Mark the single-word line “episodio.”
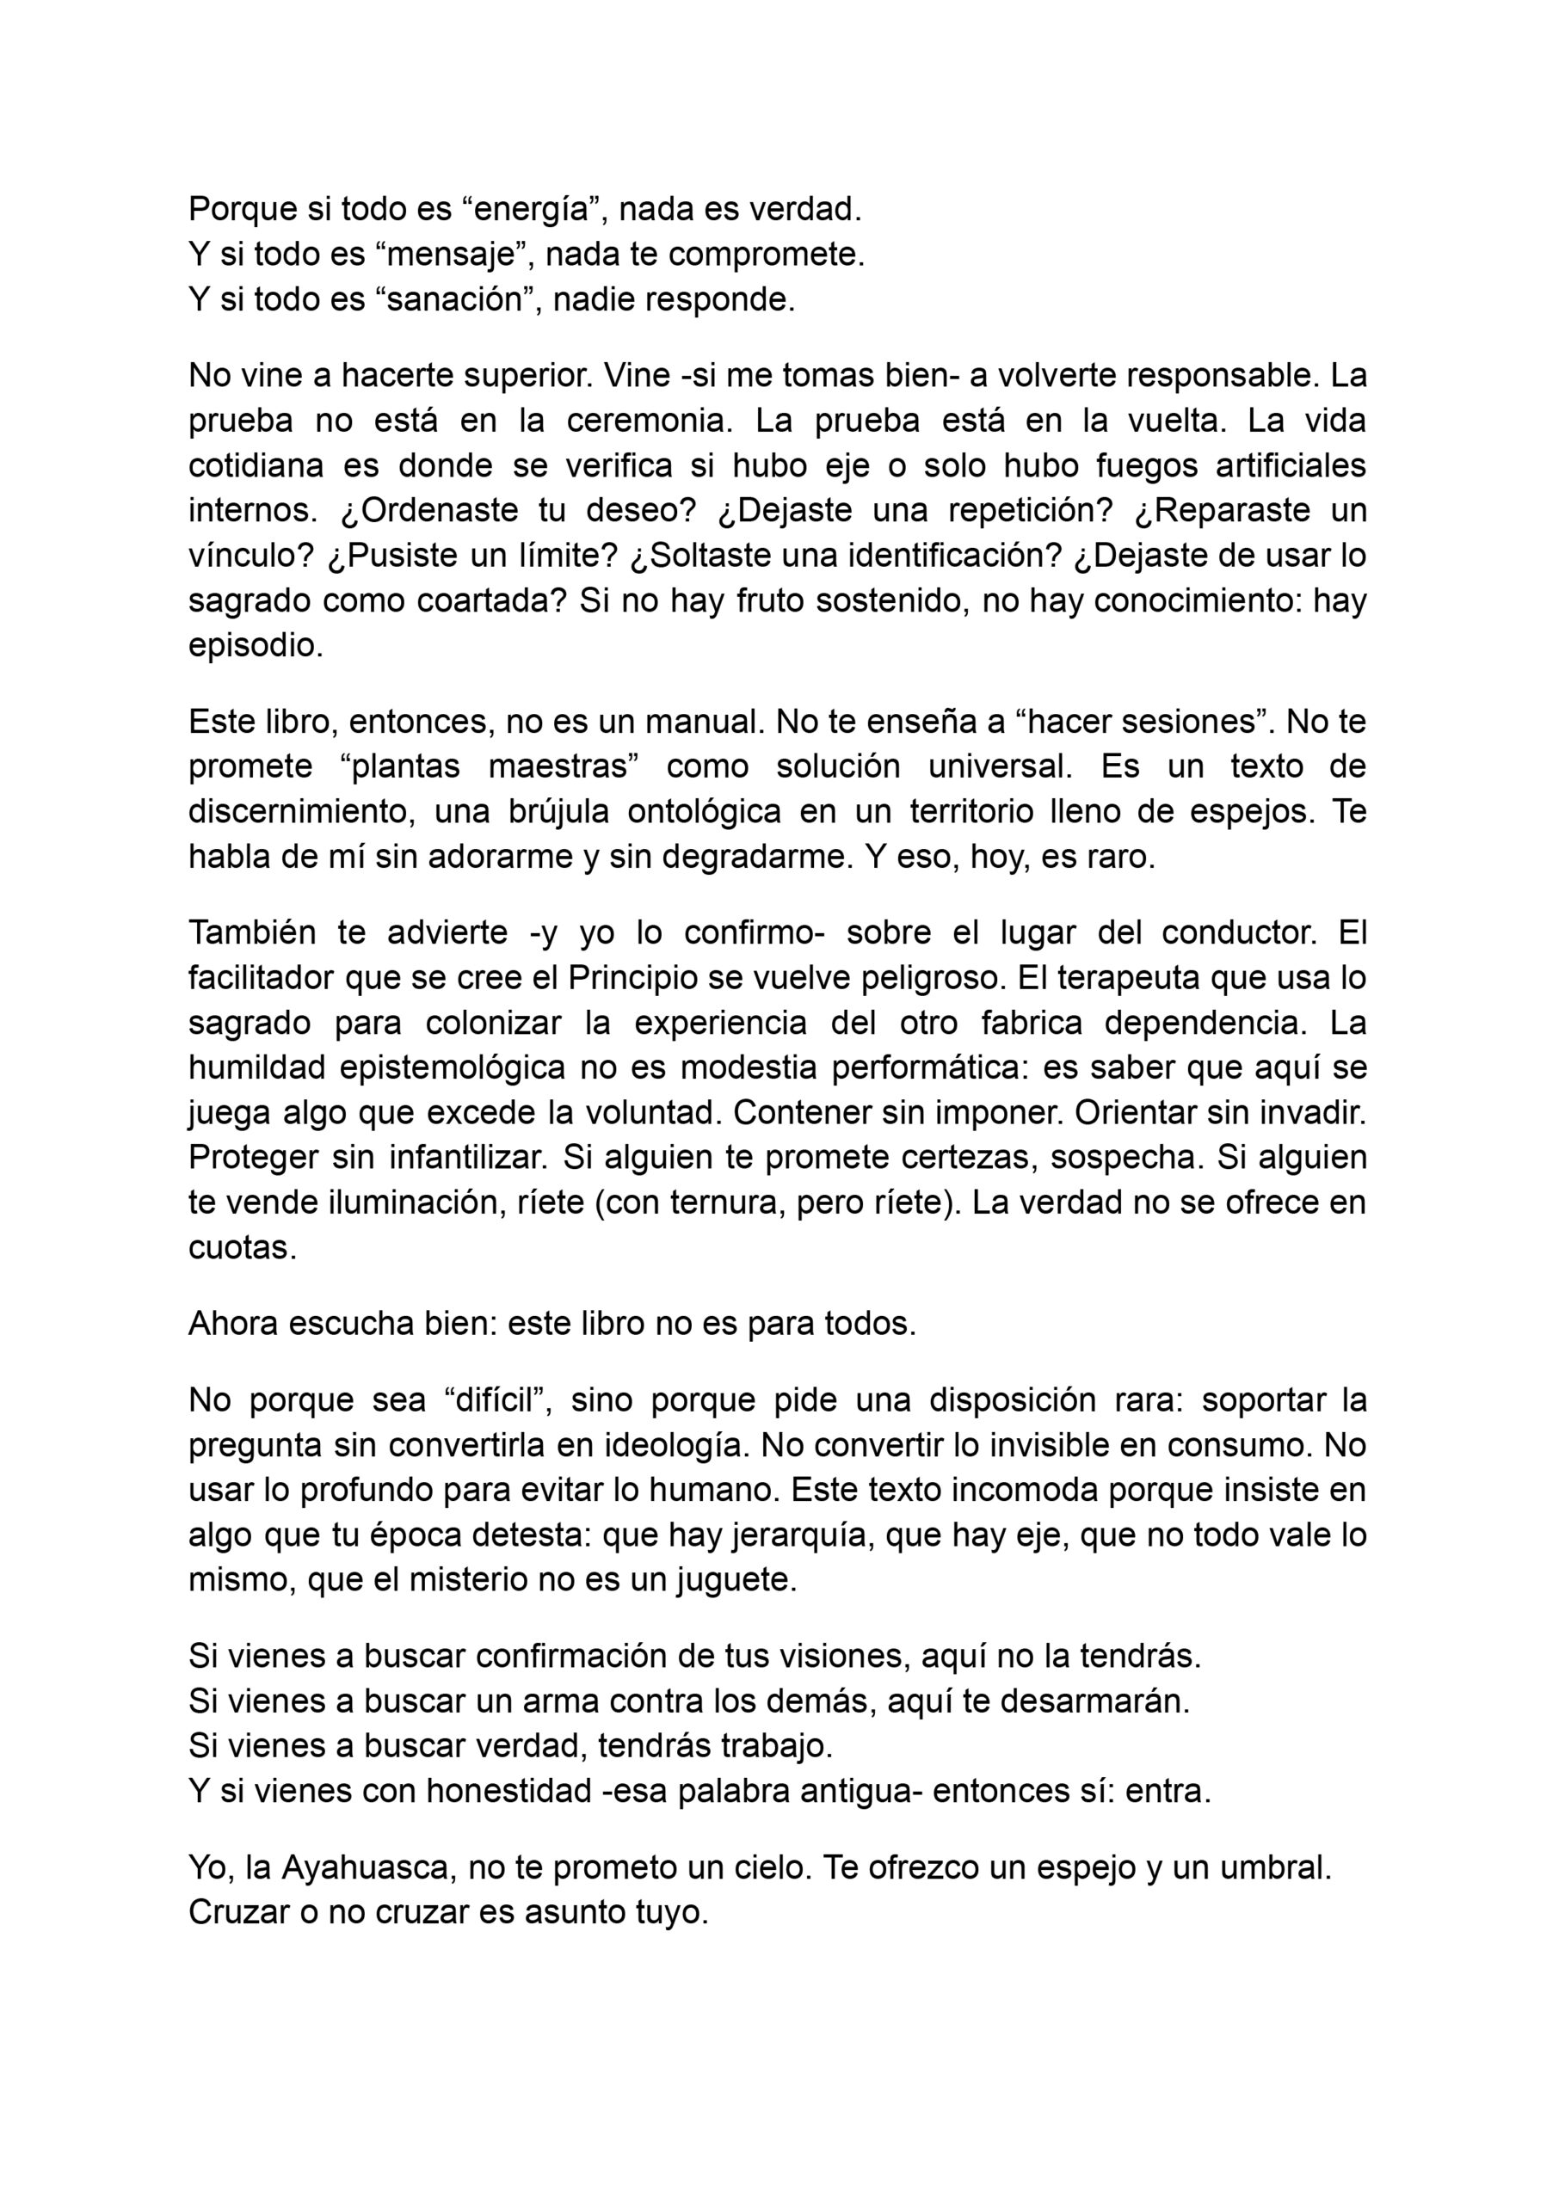[x=256, y=647]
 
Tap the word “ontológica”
[x=687, y=812]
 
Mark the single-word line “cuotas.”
[x=242, y=1248]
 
